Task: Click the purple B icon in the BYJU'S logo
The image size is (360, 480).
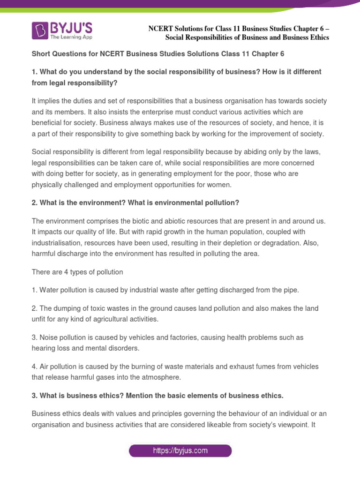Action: (40, 30)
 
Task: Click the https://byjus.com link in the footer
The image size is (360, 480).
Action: (180, 451)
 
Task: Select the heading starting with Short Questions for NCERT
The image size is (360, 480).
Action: (158, 54)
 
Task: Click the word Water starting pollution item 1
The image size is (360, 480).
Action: (48, 290)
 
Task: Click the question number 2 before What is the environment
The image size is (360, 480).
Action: (34, 202)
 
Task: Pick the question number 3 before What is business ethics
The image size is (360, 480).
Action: (34, 396)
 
